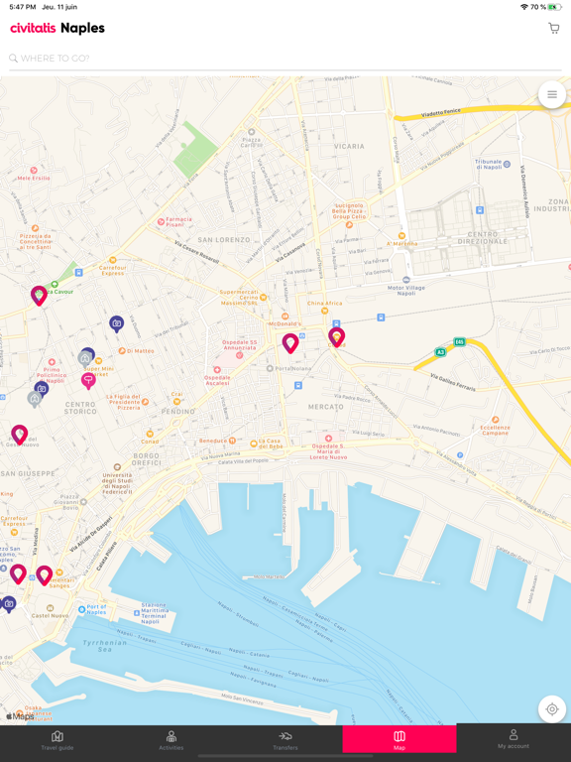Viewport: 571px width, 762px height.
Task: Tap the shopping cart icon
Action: coord(553,29)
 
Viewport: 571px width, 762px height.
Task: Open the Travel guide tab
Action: coord(57,740)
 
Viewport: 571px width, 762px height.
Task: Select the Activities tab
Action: coord(171,740)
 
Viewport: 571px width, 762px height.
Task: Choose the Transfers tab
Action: coord(285,740)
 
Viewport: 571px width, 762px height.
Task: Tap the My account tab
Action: coord(514,740)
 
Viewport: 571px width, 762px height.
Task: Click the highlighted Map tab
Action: coord(400,740)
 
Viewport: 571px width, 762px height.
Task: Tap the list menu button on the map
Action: coord(552,95)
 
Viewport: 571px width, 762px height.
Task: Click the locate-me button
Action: coord(552,709)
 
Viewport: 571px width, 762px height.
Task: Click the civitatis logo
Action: coord(33,29)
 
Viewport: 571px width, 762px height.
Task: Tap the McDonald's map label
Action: coord(285,324)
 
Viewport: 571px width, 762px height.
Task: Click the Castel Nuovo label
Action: coord(48,616)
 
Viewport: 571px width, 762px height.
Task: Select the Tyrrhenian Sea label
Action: coord(105,646)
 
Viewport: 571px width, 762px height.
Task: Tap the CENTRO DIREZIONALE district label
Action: coord(476,240)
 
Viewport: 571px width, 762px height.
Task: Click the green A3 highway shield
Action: coord(440,351)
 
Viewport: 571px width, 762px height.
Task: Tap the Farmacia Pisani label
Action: coord(179,222)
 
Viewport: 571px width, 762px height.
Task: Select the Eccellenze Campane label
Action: coord(496,431)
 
